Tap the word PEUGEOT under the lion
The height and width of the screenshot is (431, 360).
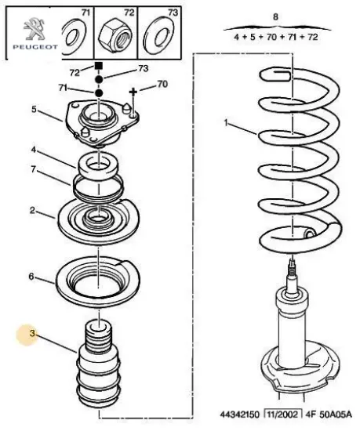click(x=35, y=47)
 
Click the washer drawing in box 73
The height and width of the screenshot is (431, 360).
click(x=159, y=34)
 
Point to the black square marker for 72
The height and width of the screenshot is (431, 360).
click(x=99, y=66)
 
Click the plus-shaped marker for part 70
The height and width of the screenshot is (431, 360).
click(x=133, y=92)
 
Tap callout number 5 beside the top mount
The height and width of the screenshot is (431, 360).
click(x=34, y=109)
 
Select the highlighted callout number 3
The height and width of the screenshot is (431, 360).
click(x=32, y=334)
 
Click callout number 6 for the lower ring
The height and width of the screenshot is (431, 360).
click(x=31, y=277)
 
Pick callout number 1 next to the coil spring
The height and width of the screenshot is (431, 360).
click(x=226, y=123)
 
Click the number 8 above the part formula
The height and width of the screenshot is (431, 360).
click(x=275, y=16)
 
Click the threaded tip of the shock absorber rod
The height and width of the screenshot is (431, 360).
click(x=293, y=267)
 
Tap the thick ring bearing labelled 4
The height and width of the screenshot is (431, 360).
click(x=98, y=168)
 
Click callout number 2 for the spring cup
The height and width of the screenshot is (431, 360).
click(x=32, y=211)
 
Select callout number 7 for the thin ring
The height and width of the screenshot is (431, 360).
click(x=33, y=169)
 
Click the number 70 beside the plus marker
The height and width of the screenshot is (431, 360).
click(x=162, y=84)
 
